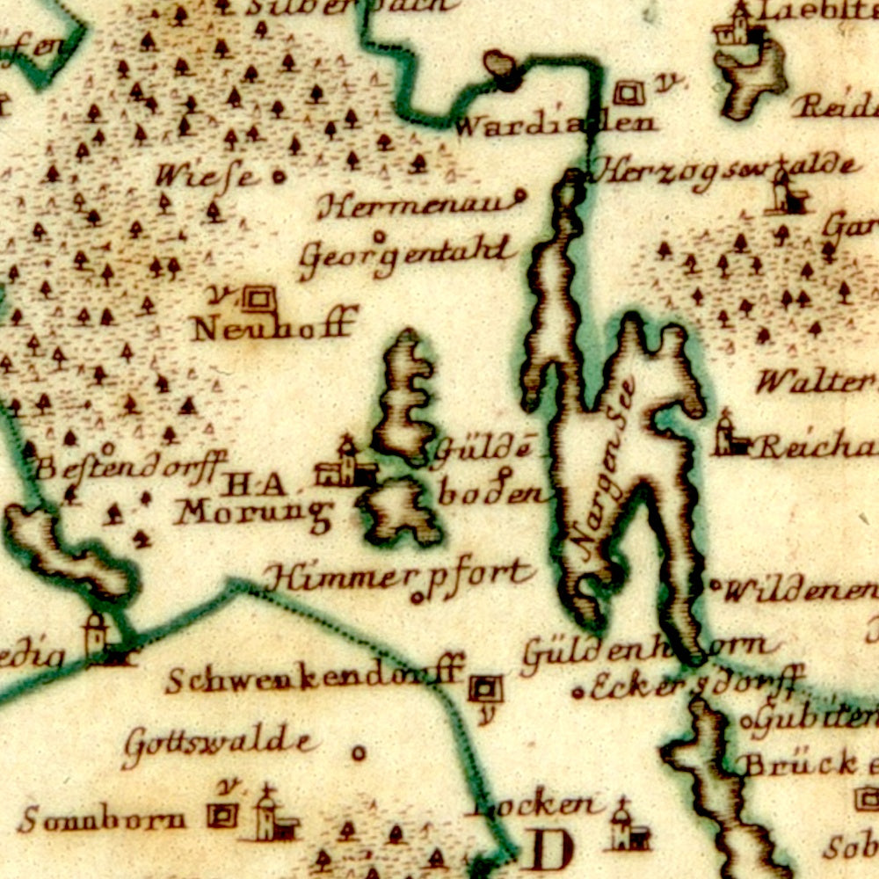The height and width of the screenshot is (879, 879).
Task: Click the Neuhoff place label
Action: pos(274,327)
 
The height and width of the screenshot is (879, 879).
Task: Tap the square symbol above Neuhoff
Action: pos(258,299)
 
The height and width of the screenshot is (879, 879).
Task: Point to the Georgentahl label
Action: pos(406,254)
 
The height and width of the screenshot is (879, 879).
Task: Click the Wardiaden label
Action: pos(556,124)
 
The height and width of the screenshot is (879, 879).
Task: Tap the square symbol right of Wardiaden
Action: pos(628,92)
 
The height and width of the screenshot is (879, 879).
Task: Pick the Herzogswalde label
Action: pos(723,168)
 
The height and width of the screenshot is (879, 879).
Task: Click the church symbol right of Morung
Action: pos(347,465)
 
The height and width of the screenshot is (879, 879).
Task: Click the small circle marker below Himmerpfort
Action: pos(417,599)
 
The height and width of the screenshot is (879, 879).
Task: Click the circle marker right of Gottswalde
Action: pos(359,752)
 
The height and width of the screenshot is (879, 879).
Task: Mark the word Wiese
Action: pos(207,176)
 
